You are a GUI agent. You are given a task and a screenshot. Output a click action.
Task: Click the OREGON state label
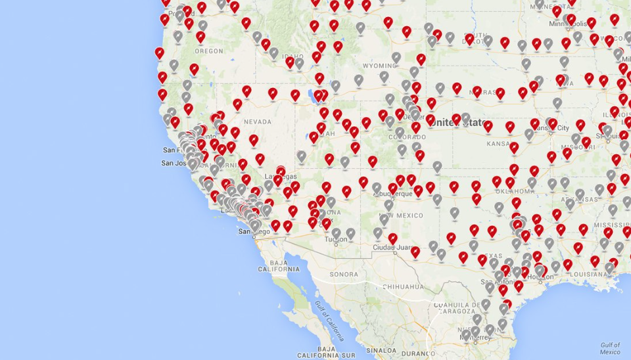coord(209,51)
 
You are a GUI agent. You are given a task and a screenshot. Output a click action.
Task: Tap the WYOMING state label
coord(379,66)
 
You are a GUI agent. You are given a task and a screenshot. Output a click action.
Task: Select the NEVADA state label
coord(258,122)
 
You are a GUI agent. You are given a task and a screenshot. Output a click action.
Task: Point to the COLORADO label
coord(402,137)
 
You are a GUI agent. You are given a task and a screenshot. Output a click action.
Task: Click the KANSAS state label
coord(500,143)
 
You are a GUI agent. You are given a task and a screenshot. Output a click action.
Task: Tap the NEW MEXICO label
coord(401,216)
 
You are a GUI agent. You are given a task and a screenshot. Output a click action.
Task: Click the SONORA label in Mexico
coord(344,274)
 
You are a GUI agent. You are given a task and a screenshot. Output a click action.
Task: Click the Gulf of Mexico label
coord(609,348)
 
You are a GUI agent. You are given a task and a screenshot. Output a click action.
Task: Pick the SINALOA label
coord(381,352)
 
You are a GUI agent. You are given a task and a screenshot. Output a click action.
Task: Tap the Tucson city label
coord(336,240)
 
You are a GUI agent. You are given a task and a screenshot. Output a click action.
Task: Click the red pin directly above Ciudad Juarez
coord(392,238)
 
